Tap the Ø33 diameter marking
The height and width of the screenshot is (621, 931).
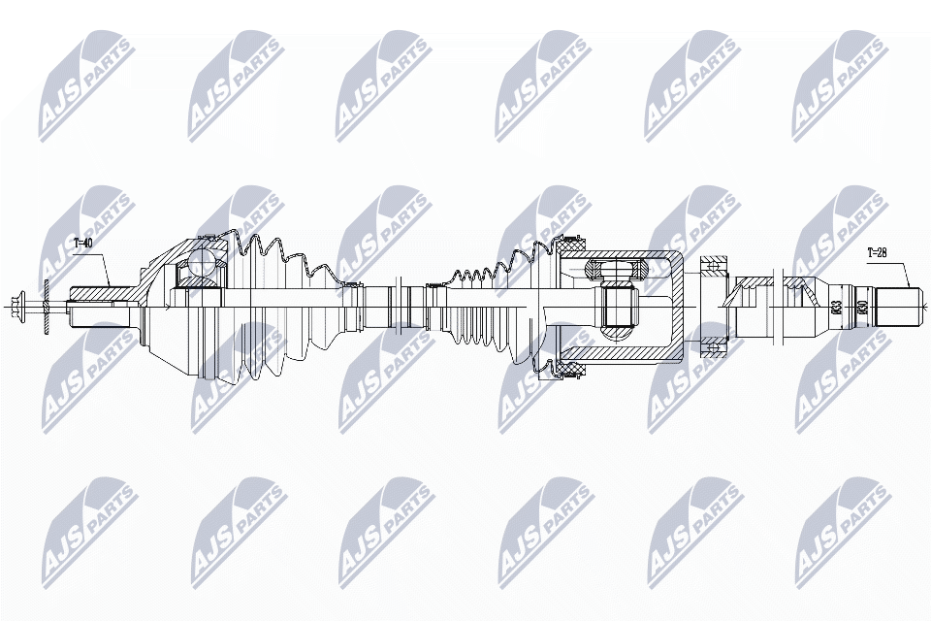click(836, 309)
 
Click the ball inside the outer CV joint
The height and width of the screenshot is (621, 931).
click(203, 262)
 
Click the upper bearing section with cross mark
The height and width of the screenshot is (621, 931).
click(716, 264)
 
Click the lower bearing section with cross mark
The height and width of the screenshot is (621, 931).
click(716, 347)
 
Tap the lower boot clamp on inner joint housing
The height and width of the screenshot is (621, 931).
click(563, 371)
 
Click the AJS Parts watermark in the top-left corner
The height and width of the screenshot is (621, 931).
click(87, 82)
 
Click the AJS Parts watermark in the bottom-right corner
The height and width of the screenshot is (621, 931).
click(842, 529)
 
